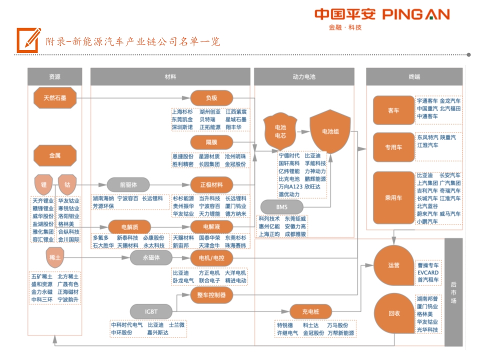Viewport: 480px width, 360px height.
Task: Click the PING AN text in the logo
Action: tap(416, 14)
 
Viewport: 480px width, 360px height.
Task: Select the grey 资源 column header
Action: tap(54, 77)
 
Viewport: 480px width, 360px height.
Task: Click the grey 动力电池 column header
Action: tap(304, 77)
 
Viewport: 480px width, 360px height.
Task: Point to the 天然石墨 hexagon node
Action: tap(54, 98)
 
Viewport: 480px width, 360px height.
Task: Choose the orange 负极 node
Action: tap(211, 98)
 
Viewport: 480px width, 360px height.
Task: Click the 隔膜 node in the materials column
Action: tap(211, 142)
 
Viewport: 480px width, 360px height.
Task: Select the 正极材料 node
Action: tap(211, 184)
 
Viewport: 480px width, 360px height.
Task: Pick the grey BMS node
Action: tap(282, 206)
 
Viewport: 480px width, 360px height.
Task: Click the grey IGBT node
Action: tap(151, 311)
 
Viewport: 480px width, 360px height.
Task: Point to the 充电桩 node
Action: tap(310, 311)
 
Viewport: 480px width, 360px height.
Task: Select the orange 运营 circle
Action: tap(393, 265)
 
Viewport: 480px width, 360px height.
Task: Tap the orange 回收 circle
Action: tap(393, 313)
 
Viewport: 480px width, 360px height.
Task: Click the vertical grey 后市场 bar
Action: tap(453, 292)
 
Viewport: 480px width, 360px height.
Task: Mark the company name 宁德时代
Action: tap(289, 155)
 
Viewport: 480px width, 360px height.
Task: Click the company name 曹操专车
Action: tap(428, 265)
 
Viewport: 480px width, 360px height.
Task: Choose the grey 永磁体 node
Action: tap(151, 257)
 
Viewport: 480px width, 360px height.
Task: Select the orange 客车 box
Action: tap(393, 110)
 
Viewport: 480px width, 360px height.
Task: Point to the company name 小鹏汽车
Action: tap(427, 221)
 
